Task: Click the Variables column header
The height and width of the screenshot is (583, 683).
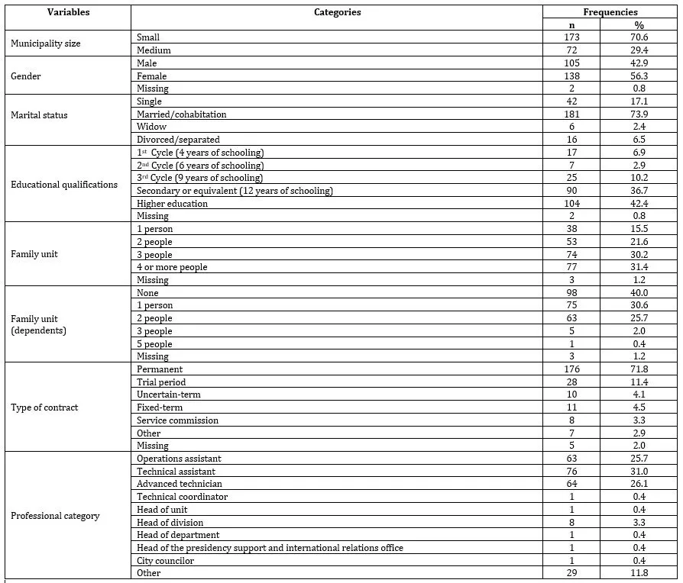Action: point(68,12)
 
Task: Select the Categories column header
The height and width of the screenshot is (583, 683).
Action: point(337,12)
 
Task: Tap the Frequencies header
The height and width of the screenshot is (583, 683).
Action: point(610,12)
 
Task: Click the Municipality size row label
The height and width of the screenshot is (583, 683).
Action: point(46,43)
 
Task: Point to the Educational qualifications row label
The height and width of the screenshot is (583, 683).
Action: point(64,184)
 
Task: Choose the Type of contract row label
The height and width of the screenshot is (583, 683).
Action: point(44,407)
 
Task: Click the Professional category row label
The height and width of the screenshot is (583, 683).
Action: point(55,516)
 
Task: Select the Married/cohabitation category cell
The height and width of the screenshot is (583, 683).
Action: point(182,114)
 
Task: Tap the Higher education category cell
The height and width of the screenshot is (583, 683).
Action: point(172,204)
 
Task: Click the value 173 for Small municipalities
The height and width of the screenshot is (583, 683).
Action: point(571,37)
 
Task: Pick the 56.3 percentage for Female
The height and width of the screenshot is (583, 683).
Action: point(640,76)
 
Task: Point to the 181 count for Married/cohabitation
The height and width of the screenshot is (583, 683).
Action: point(571,114)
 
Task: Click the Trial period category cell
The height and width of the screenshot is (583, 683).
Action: point(161,382)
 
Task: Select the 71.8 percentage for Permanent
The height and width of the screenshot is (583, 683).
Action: point(640,369)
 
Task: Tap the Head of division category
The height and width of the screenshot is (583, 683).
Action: point(170,523)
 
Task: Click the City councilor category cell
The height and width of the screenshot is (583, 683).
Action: point(165,561)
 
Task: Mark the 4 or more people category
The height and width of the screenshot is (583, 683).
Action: point(172,268)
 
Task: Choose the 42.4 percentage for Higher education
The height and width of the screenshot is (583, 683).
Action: point(640,204)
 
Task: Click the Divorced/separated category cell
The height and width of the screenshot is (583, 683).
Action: point(178,140)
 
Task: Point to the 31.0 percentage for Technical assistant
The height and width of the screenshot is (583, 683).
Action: point(640,472)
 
